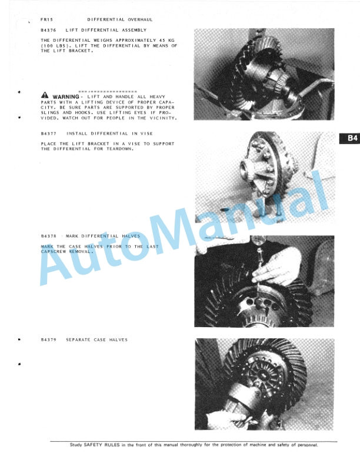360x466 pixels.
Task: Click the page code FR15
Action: click(46, 19)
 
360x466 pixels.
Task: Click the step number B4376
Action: click(48, 30)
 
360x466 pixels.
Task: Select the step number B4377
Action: click(48, 134)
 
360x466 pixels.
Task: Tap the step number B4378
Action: click(48, 237)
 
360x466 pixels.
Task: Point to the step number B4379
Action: click(48, 339)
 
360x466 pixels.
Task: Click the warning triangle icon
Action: click(45, 95)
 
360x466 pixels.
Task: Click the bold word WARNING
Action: click(66, 97)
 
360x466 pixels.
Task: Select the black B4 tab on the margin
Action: click(349, 138)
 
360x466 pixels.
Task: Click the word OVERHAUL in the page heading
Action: click(140, 19)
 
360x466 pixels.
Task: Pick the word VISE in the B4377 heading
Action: click(146, 134)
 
